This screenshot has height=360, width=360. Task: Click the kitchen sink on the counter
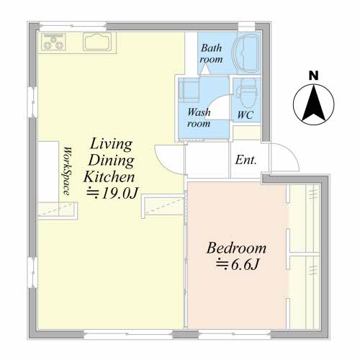(x=97, y=42)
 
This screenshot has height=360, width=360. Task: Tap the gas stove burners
(x=53, y=42)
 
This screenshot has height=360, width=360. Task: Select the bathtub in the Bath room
(x=246, y=53)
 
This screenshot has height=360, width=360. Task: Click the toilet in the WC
(x=247, y=94)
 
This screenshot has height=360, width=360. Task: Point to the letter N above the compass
(x=313, y=76)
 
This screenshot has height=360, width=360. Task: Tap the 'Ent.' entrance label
(x=246, y=160)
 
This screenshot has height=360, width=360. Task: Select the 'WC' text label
(x=246, y=115)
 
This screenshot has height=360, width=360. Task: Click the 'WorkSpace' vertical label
(x=67, y=171)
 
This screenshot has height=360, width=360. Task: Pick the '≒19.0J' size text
(x=112, y=193)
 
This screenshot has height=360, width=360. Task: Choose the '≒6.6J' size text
(x=238, y=265)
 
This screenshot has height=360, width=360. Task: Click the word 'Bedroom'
(x=236, y=248)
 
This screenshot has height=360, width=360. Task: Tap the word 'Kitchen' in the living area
(x=109, y=177)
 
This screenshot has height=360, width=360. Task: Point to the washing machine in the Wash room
(x=189, y=90)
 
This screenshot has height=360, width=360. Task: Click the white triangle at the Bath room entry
(x=204, y=70)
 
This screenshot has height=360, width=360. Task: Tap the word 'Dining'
(x=111, y=161)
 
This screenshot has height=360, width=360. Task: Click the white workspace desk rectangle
(x=48, y=171)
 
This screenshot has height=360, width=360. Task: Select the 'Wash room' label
(x=199, y=118)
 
